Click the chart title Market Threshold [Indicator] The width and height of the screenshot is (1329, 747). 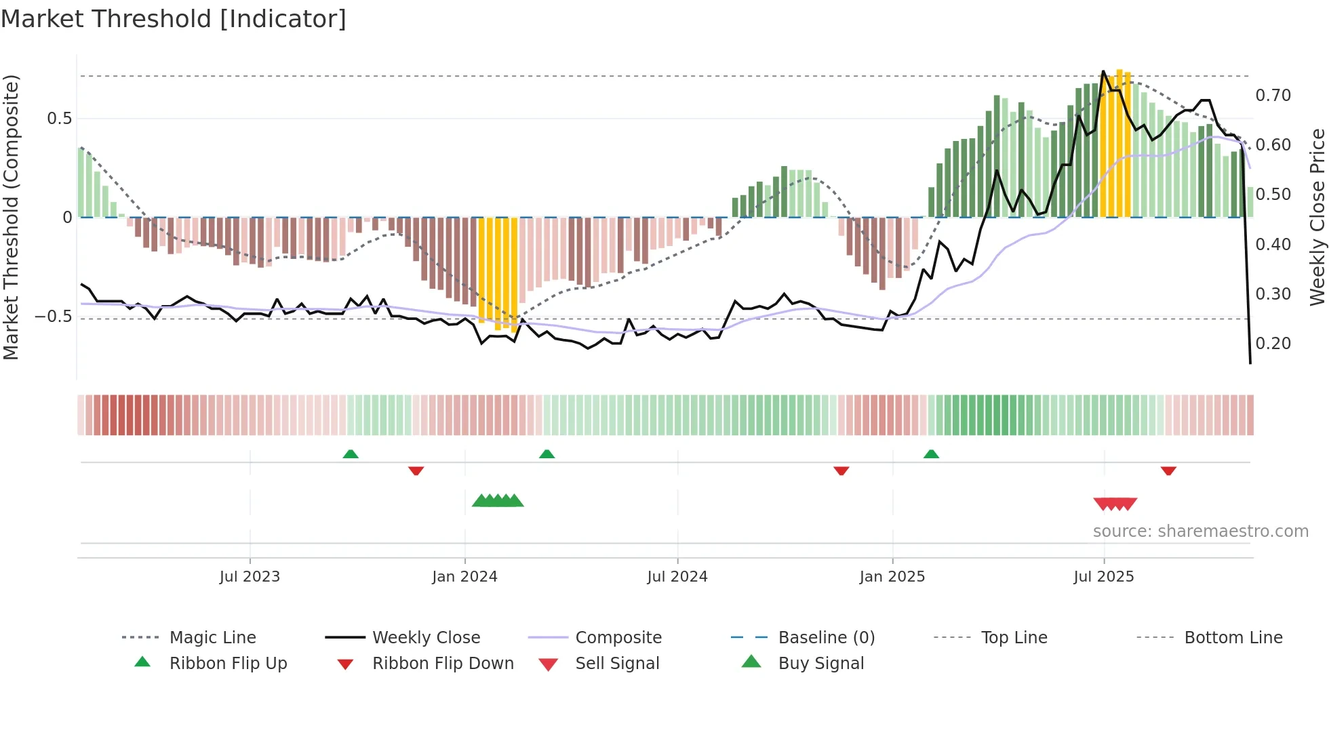pos(174,19)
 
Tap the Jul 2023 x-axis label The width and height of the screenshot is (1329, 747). pos(250,577)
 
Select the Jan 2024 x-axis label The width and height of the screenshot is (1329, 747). pos(464,577)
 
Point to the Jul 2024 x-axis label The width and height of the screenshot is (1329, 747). pos(677,577)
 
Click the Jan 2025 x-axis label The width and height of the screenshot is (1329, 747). pos(892,577)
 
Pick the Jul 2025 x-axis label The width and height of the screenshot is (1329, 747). pos(1103,577)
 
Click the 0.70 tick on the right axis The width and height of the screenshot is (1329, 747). pos(1273,96)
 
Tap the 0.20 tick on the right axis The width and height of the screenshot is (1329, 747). pos(1273,344)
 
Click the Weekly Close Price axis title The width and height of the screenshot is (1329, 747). pos(1317,217)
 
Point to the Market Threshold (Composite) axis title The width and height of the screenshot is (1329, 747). pos(11,217)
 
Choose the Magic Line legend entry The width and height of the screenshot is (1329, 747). pos(212,638)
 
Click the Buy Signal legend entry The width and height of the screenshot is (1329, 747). pos(820,664)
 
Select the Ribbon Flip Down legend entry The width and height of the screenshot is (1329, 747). pos(443,664)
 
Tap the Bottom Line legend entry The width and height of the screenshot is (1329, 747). pos(1233,638)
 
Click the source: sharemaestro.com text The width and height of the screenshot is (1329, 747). pos(1200,531)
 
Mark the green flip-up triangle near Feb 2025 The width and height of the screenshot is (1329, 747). pos(931,454)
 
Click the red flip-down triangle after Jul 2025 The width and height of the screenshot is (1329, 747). pos(1168,470)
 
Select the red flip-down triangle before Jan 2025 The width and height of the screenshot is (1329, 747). pos(841,470)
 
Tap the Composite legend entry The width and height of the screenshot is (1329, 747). pos(618,638)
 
